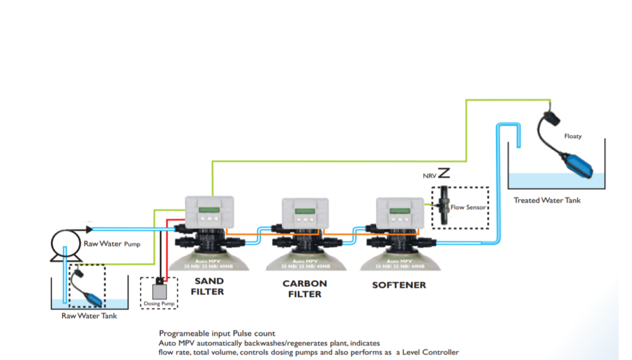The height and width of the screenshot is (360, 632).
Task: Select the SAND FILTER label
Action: tap(208, 286)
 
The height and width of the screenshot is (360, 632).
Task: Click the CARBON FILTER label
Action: tap(304, 288)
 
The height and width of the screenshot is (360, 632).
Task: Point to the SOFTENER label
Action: tap(399, 285)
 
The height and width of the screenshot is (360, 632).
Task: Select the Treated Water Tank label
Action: tap(547, 200)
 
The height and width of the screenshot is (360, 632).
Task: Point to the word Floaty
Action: tap(573, 136)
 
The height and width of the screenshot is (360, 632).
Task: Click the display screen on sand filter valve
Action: tap(208, 210)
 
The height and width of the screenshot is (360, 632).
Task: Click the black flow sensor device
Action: tap(443, 206)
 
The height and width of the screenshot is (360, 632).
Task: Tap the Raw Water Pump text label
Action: tap(112, 244)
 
